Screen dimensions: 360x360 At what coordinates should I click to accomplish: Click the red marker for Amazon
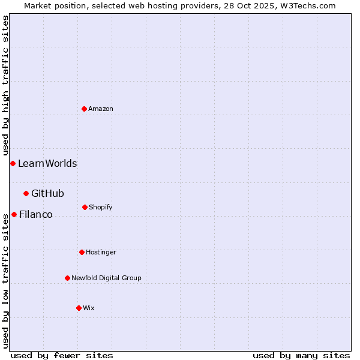84,109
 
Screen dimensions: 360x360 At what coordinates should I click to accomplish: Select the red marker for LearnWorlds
13,163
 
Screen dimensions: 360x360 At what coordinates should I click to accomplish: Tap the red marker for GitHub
26,193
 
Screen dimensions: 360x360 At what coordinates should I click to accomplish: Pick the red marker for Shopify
85,207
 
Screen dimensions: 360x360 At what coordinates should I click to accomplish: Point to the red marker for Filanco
14,214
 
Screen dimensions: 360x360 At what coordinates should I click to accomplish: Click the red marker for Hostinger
82,252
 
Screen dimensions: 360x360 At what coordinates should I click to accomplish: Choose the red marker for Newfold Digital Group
67,278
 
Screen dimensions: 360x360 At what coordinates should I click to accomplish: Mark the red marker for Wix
79,308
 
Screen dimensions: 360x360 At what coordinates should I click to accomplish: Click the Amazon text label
101,109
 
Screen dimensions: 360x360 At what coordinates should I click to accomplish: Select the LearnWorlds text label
47,163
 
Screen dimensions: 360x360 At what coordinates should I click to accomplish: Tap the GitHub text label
47,193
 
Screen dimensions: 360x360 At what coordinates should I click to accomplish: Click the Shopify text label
101,207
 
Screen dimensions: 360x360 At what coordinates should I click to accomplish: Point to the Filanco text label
36,214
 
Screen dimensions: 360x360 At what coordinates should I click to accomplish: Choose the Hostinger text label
101,252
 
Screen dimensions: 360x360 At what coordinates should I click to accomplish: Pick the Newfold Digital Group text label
107,278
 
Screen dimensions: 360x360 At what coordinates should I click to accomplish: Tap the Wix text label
89,308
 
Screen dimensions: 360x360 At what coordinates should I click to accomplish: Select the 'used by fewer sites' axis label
62,355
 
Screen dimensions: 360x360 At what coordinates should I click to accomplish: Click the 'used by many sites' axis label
301,355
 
